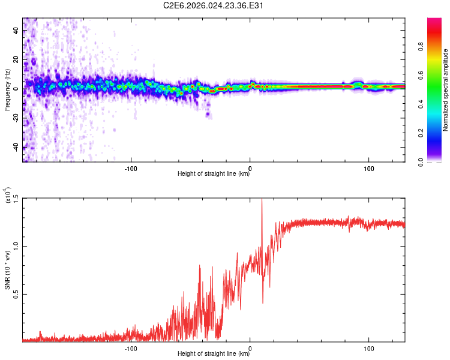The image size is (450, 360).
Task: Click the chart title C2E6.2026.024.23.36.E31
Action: (214, 5)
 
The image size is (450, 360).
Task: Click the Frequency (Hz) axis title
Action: (7, 90)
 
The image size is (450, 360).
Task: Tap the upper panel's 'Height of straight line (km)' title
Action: (214, 174)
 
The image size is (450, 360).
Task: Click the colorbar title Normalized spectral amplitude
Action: (445, 90)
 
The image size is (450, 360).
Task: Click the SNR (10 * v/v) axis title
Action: (7, 270)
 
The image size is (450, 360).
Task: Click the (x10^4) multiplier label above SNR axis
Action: (8, 196)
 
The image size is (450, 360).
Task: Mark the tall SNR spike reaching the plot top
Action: (262, 201)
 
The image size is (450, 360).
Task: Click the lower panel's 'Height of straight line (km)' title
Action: (214, 354)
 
